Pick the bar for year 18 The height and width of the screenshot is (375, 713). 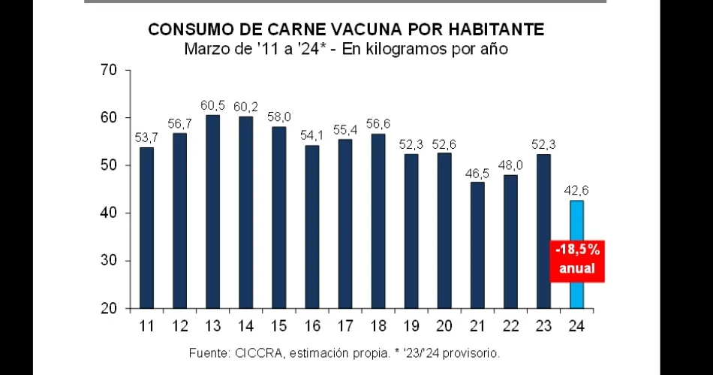(378, 221)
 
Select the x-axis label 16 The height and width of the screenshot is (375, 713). (312, 326)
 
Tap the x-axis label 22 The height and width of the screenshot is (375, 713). (511, 326)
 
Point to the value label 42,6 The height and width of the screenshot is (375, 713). (576, 192)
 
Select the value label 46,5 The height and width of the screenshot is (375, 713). (478, 173)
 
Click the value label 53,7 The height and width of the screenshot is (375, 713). (147, 138)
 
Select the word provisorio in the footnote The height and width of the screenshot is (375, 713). (470, 352)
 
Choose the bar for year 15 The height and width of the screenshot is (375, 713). (279, 217)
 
